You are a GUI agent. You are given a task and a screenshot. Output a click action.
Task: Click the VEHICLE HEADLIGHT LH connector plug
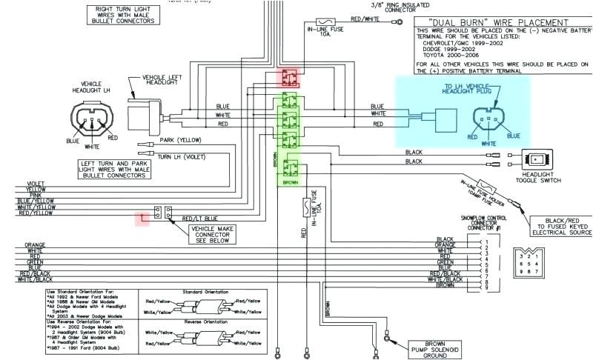[x=92, y=119]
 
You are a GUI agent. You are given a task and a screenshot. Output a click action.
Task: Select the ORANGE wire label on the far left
[x=35, y=244]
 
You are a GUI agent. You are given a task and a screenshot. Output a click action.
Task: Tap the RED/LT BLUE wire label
[x=196, y=219]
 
